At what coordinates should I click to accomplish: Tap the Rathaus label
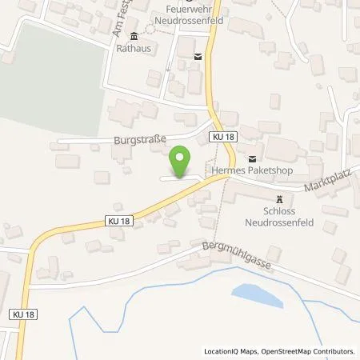click(133, 46)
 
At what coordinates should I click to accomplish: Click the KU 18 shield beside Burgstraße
click(223, 138)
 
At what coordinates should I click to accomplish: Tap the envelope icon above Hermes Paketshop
click(253, 158)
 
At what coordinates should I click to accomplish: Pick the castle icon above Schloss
click(278, 199)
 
